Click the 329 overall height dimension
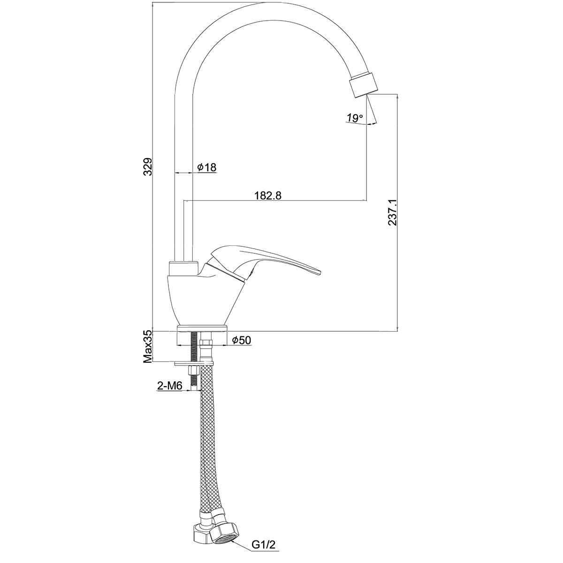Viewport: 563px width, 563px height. [x=148, y=167]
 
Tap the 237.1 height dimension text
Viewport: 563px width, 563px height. [x=392, y=212]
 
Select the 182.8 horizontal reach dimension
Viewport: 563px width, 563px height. [x=268, y=195]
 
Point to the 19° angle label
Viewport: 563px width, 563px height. [x=355, y=118]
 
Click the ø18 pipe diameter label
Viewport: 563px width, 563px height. [x=206, y=167]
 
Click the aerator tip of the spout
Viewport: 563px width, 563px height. [x=363, y=84]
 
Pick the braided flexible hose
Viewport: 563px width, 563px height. [x=209, y=446]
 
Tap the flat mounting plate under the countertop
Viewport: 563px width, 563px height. [x=194, y=363]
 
